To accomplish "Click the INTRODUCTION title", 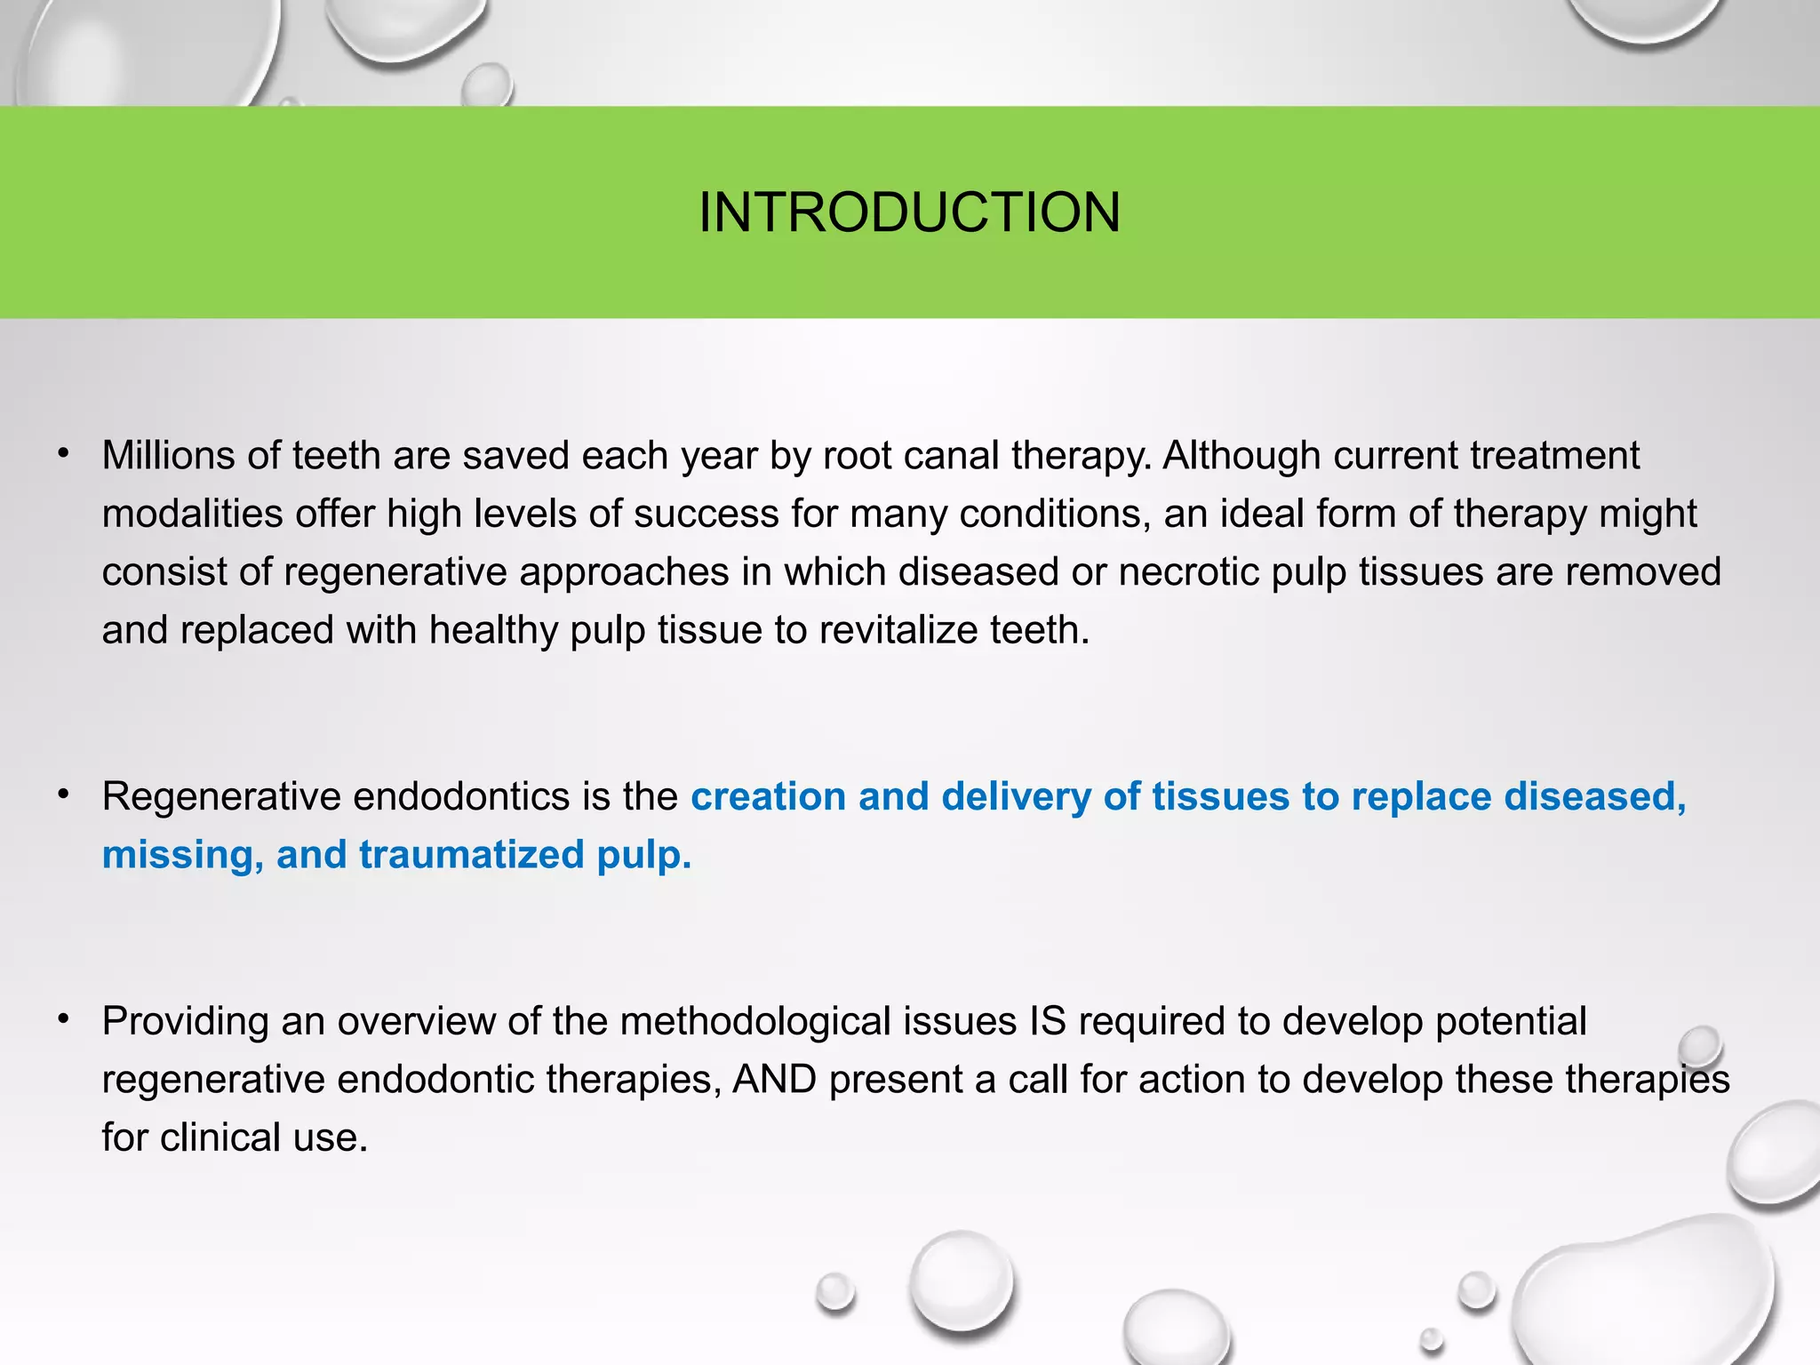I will pos(909,212).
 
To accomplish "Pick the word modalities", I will pos(192,515).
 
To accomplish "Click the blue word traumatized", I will pos(470,855).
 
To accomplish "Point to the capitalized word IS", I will pos(1048,1022).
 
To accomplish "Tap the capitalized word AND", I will pos(775,1080).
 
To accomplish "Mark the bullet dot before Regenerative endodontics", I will pos(63,796).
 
